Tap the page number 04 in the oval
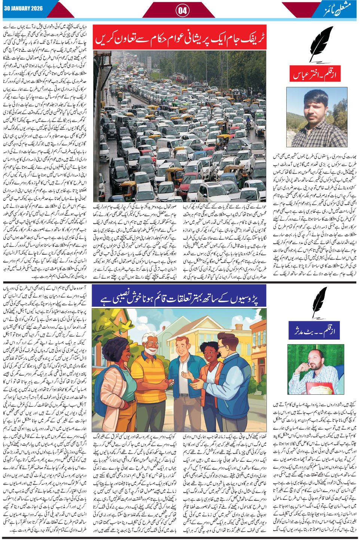click(x=183, y=10)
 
